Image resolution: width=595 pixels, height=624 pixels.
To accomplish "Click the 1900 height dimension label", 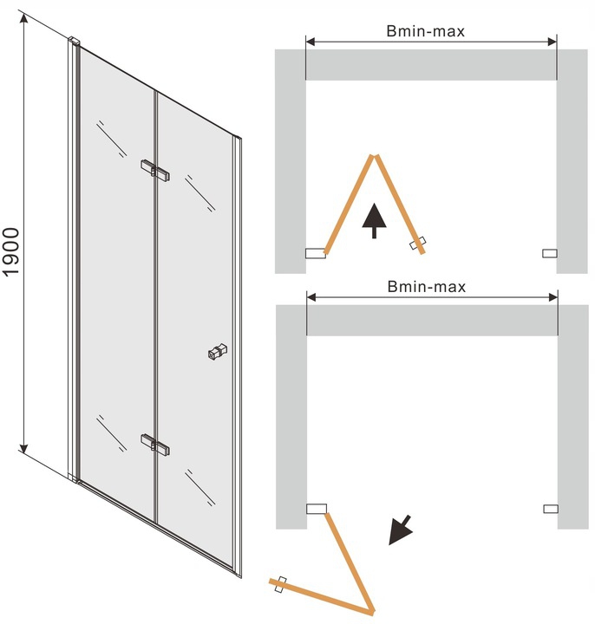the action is pyautogui.click(x=11, y=251).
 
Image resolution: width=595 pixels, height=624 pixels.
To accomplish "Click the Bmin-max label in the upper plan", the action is pyautogui.click(x=425, y=31).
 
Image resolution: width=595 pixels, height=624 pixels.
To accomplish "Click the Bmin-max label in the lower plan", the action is pyautogui.click(x=427, y=287).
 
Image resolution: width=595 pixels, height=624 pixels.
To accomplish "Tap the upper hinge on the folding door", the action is pyautogui.click(x=155, y=171).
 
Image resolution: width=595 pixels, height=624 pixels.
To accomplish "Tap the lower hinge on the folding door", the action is pyautogui.click(x=155, y=445).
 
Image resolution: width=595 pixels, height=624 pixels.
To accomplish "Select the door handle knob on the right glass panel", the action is pyautogui.click(x=218, y=352).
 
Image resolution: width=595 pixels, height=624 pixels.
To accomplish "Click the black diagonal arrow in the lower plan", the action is pyautogui.click(x=400, y=530).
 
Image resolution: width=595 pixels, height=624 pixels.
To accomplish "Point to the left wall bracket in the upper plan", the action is pyautogui.click(x=316, y=253).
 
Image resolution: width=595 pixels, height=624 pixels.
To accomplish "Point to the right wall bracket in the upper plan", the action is pyautogui.click(x=550, y=253).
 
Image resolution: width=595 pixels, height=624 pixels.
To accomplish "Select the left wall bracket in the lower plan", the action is pyautogui.click(x=317, y=509).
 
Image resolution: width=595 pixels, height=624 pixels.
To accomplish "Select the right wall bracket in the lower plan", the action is pyautogui.click(x=551, y=509).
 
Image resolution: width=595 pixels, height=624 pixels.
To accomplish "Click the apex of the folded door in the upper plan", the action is pyautogui.click(x=374, y=156).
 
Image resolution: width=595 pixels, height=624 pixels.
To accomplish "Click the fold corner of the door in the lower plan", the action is pyautogui.click(x=371, y=611).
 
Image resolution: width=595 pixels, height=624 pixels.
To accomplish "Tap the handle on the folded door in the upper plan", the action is pyautogui.click(x=417, y=244).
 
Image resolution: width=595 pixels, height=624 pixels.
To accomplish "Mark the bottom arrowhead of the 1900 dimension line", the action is pyautogui.click(x=24, y=449).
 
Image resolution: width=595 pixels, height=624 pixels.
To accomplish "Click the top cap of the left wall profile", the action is pyautogui.click(x=74, y=42).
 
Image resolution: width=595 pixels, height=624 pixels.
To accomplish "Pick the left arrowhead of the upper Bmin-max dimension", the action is pyautogui.click(x=311, y=42).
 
